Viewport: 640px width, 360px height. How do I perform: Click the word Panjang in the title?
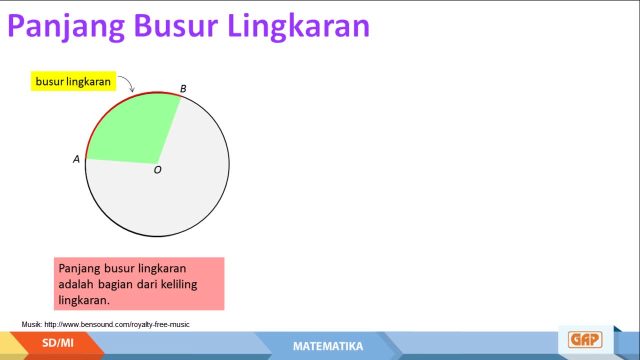click(x=66, y=27)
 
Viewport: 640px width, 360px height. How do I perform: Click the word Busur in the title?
click(x=175, y=25)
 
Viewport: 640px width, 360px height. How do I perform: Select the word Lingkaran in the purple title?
click(x=299, y=27)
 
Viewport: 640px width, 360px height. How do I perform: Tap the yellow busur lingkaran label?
click(x=73, y=81)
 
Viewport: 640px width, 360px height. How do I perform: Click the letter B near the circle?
click(x=183, y=89)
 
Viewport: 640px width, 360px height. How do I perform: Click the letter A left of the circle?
click(x=76, y=159)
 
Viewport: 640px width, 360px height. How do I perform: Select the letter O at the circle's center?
click(x=157, y=170)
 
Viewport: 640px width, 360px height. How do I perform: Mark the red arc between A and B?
click(x=114, y=107)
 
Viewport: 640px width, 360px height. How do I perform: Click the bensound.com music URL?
click(x=117, y=324)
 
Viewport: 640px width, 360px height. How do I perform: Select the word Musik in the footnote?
click(x=32, y=324)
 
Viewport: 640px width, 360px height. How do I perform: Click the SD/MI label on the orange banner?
click(x=57, y=343)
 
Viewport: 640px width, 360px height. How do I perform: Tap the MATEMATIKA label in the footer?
click(x=328, y=346)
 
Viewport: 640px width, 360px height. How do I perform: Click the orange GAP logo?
click(x=585, y=339)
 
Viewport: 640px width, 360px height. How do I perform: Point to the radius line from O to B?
click(x=169, y=130)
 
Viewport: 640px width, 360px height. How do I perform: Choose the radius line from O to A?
click(x=121, y=161)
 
